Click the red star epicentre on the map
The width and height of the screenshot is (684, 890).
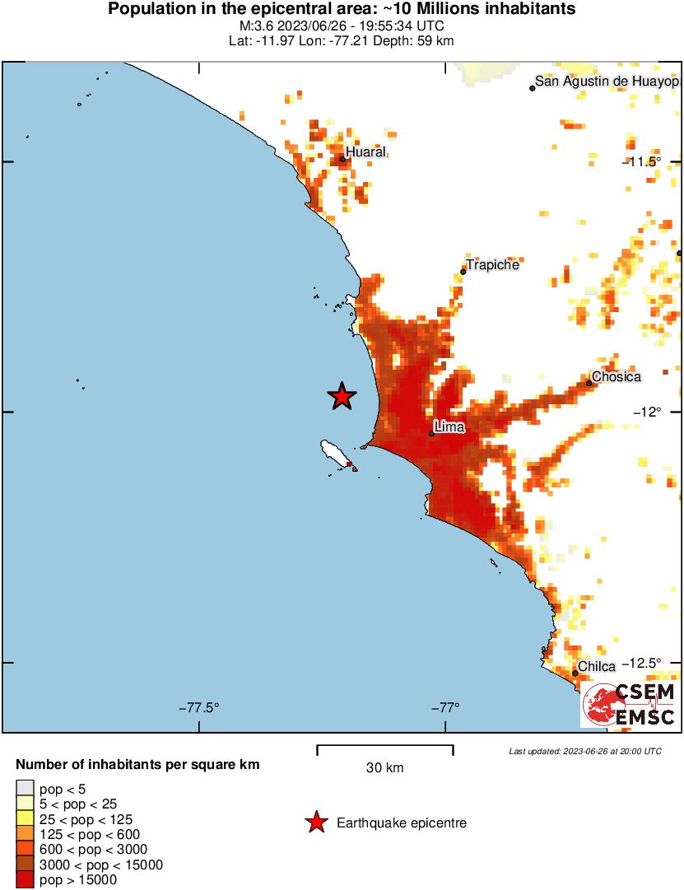click(342, 396)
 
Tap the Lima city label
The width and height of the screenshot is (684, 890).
click(449, 426)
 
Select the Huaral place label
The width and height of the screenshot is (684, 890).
click(365, 152)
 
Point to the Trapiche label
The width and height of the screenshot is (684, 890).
click(492, 265)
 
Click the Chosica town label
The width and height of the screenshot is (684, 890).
click(617, 376)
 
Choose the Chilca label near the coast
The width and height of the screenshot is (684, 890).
click(597, 666)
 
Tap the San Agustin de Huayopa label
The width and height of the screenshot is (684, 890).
click(607, 82)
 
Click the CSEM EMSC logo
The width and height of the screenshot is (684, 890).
click(630, 705)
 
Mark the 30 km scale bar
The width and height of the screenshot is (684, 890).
click(384, 749)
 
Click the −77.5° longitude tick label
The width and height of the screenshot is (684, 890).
click(199, 707)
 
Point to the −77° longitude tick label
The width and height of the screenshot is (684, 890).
click(445, 707)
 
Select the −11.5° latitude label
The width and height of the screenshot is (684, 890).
click(641, 161)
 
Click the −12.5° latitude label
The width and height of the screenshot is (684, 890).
click(641, 663)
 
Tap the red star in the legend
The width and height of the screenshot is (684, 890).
click(315, 822)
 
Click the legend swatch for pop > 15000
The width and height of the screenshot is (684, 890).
click(26, 879)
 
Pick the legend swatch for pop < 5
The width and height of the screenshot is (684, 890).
click(26, 789)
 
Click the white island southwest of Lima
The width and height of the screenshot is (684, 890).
click(335, 452)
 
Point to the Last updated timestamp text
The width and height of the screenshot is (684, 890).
click(584, 751)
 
